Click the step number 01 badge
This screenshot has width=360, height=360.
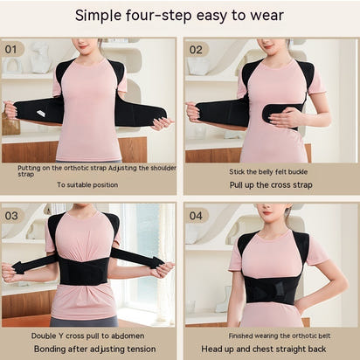coord(14,49)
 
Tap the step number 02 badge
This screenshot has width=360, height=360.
coord(197,49)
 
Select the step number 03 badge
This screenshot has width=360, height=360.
coord(14,215)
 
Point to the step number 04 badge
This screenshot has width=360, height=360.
coord(197,215)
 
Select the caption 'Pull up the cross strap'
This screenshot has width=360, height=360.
coord(270,184)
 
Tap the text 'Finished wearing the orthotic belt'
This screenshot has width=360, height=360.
coord(270,335)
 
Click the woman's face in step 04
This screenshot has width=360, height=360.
coord(272,213)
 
